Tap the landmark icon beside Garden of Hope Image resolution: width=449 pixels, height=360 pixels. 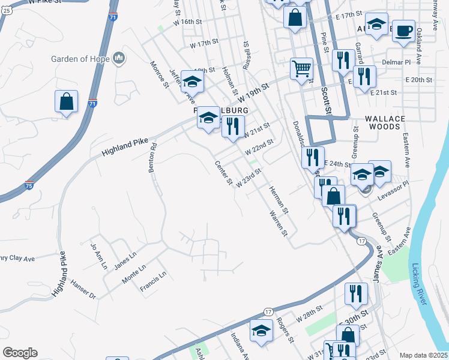coord(119,58)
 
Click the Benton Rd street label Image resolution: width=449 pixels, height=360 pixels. coord(154,154)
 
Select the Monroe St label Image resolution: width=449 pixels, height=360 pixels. coord(160,74)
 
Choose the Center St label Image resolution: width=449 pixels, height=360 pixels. coord(224,173)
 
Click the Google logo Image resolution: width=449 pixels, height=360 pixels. coord(20,353)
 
